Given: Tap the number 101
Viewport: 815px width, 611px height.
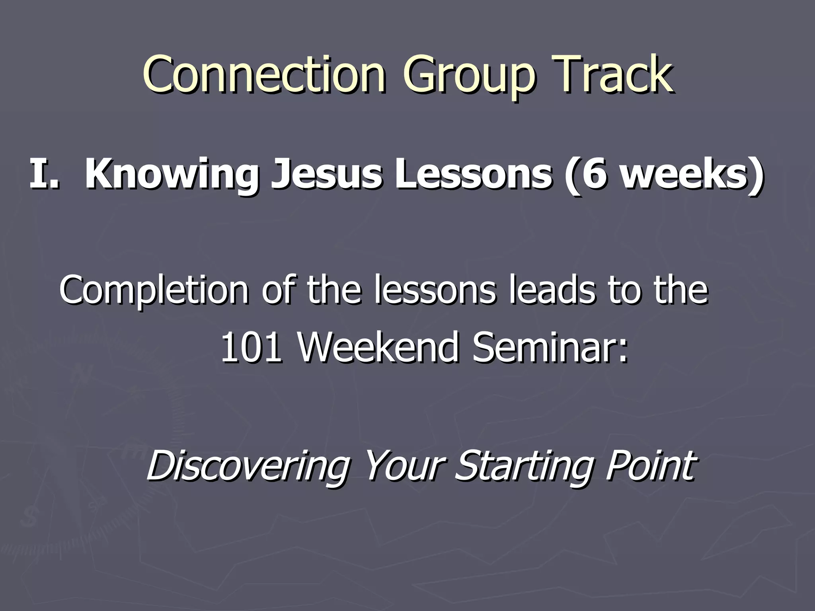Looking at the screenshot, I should [x=251, y=348].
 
